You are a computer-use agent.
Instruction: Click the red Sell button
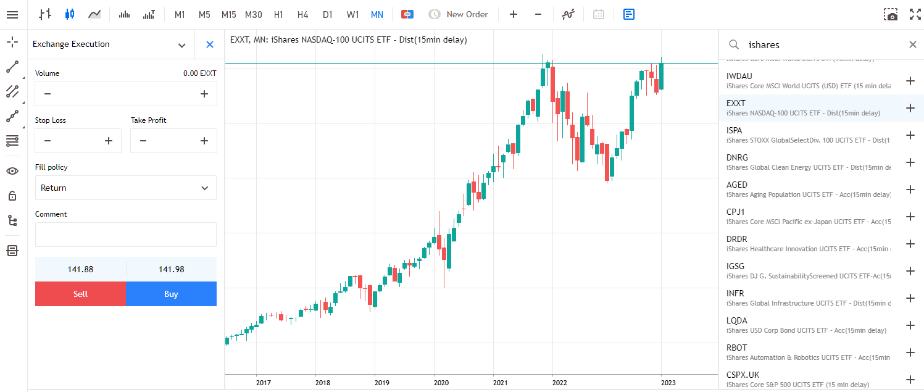80,294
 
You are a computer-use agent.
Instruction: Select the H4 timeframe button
302,14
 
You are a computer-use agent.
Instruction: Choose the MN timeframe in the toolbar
377,14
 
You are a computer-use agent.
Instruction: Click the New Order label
467,14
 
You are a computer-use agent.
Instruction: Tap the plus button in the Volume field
204,94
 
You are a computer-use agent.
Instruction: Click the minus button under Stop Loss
48,141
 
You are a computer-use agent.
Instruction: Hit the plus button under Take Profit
204,141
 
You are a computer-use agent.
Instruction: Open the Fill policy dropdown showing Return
126,188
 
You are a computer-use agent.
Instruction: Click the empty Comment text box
126,235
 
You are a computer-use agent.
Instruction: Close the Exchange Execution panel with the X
210,44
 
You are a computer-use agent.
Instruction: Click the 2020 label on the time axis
441,383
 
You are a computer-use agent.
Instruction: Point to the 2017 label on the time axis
263,383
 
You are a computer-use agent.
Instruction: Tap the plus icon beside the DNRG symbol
910,162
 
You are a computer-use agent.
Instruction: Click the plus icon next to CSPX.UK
910,380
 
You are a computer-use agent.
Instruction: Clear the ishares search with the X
913,44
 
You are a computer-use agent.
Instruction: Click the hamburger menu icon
12,14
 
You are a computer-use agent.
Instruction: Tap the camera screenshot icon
891,14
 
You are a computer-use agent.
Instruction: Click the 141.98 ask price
172,269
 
